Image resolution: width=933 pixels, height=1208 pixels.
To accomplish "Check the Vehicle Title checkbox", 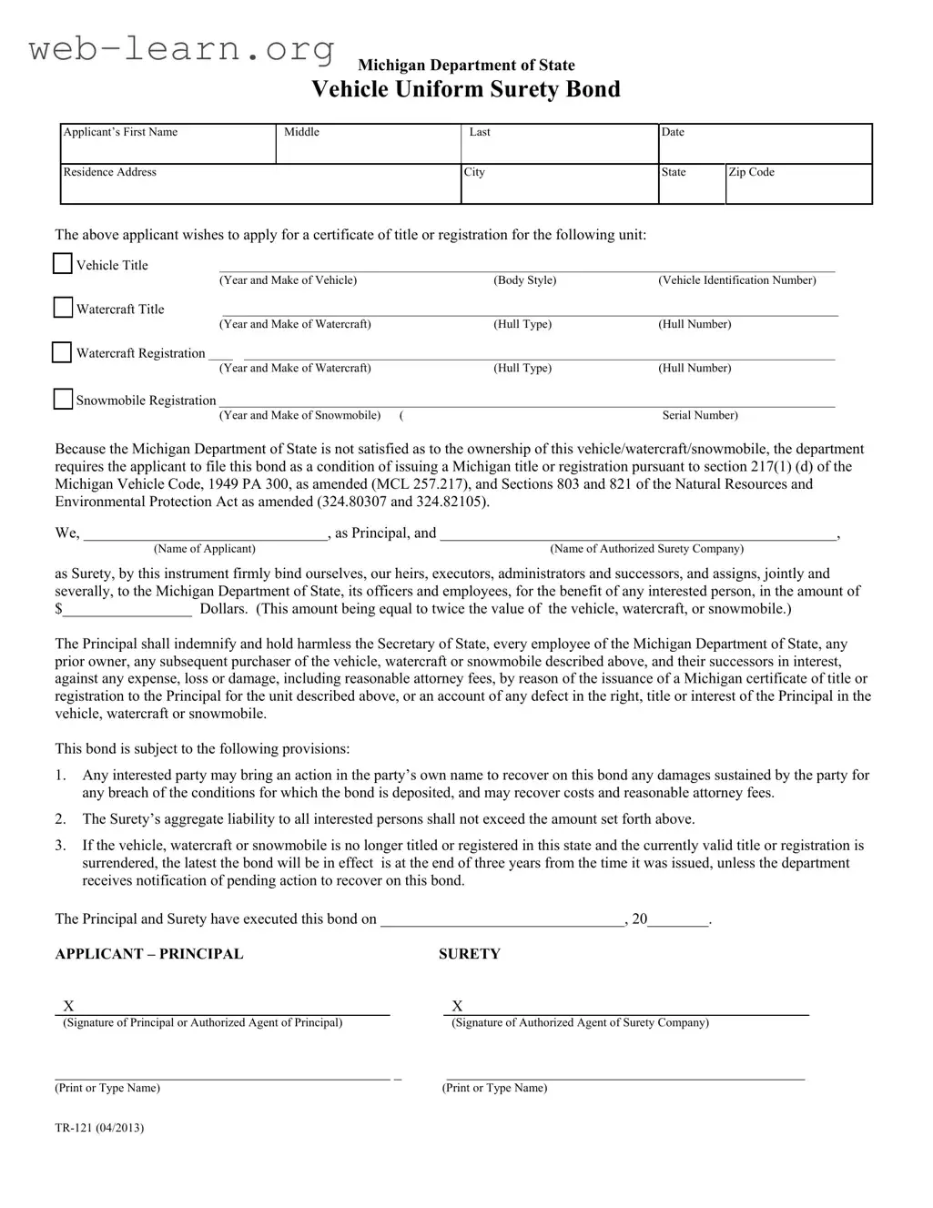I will [x=62, y=264].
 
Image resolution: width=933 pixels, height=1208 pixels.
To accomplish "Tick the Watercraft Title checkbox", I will [x=63, y=308].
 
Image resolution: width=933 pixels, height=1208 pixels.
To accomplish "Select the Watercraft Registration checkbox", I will [x=62, y=352].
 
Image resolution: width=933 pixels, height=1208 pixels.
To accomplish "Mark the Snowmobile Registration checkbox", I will [x=63, y=400].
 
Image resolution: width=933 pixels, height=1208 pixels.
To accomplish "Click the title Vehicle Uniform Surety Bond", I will [x=466, y=89].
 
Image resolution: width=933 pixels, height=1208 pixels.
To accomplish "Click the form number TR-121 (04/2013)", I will [x=99, y=1128].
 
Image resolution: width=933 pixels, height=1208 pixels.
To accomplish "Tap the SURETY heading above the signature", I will [x=470, y=954].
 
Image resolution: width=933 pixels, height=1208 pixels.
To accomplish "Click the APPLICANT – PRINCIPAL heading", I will [x=149, y=954].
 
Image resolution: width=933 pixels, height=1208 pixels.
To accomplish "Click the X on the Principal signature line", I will [x=68, y=1006].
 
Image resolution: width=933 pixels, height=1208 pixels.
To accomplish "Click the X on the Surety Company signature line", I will [x=457, y=1006].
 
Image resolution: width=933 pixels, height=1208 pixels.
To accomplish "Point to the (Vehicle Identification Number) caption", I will [x=737, y=280].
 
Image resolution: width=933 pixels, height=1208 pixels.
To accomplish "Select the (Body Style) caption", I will [x=525, y=280].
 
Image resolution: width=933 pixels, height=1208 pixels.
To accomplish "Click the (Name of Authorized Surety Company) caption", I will [x=647, y=549].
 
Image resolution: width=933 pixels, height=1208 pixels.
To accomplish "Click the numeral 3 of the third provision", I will [x=60, y=846].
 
